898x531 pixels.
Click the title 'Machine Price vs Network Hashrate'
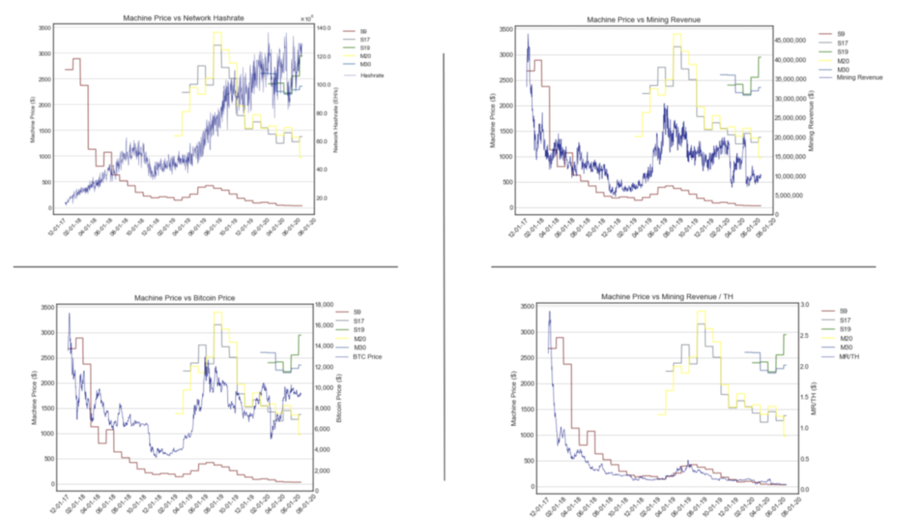(184, 17)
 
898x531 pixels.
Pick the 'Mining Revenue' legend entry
(860, 77)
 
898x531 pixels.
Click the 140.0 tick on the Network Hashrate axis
(324, 28)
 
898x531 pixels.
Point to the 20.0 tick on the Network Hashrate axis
(324, 198)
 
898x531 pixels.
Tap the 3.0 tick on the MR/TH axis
(802, 305)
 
